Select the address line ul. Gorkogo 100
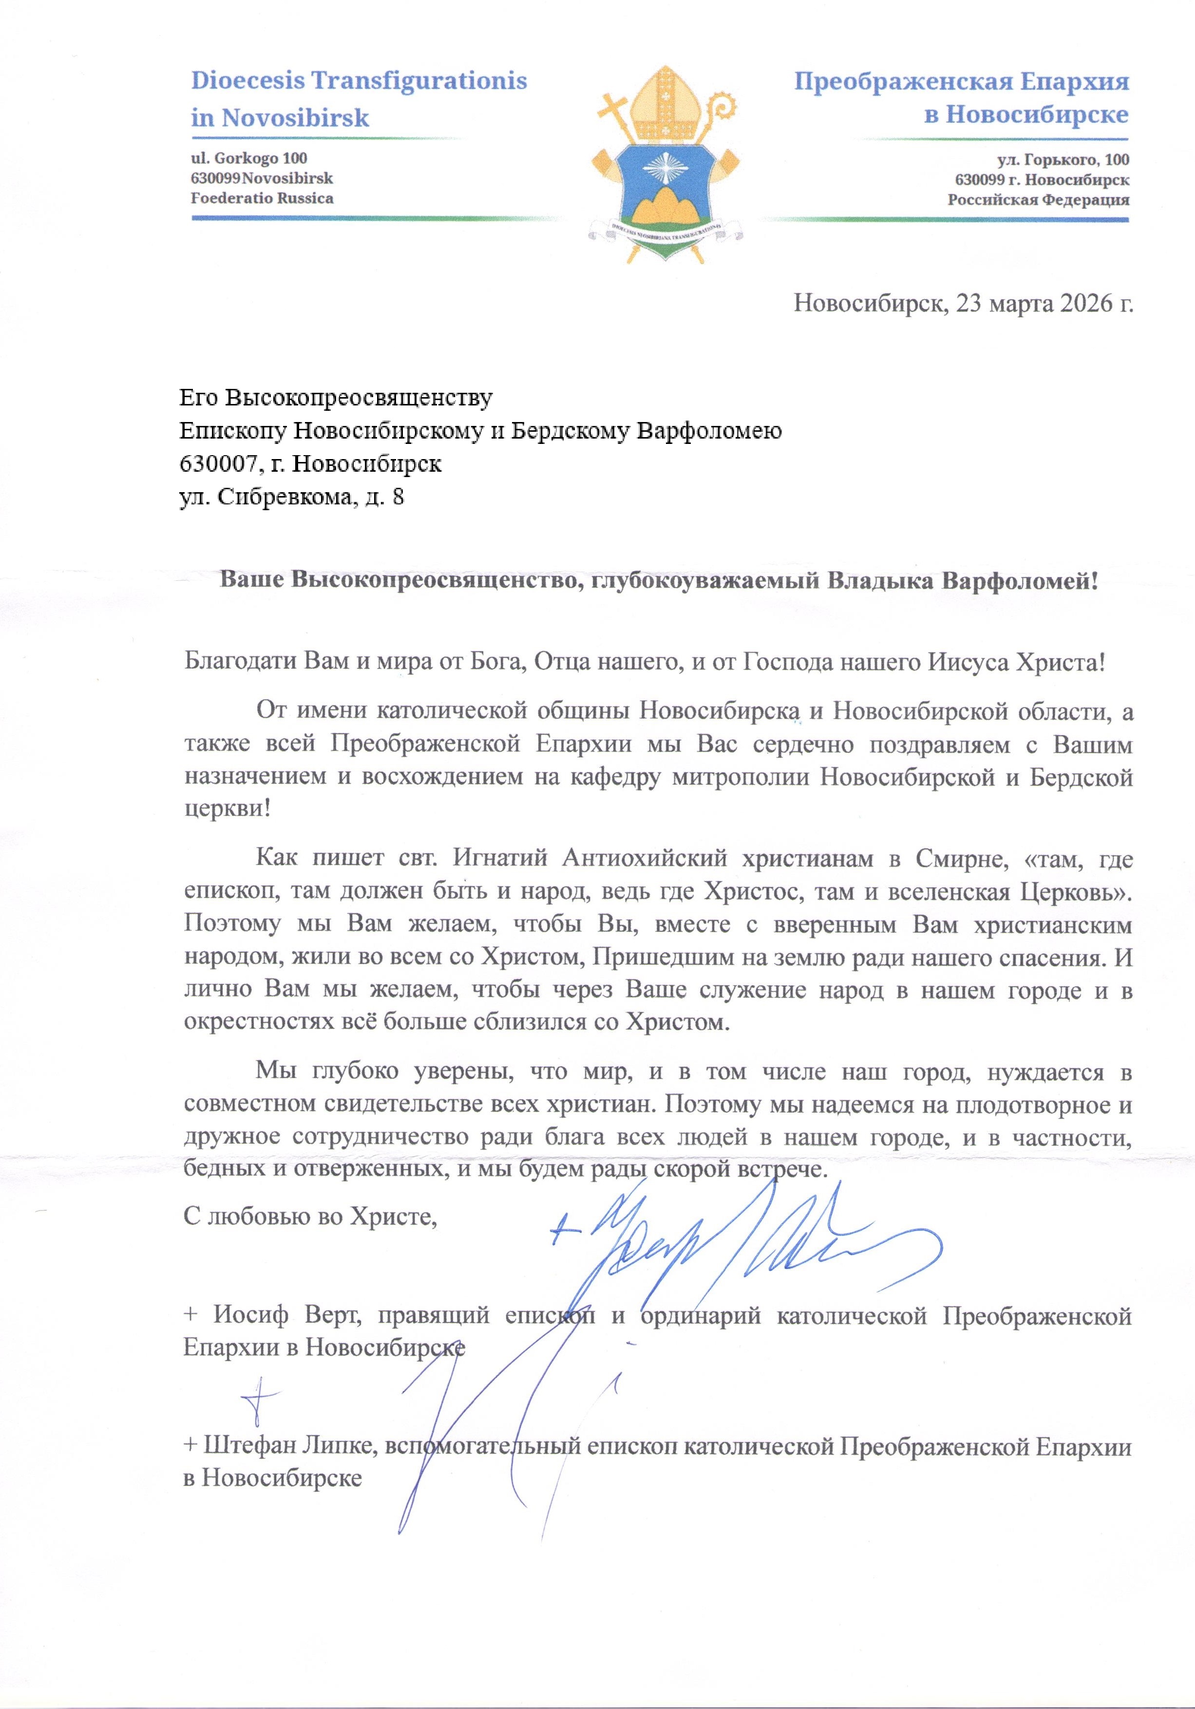coord(248,158)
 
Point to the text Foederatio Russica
coord(262,198)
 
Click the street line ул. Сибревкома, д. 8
coord(292,497)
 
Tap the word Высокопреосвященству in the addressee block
coord(359,398)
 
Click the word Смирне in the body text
coord(961,858)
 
